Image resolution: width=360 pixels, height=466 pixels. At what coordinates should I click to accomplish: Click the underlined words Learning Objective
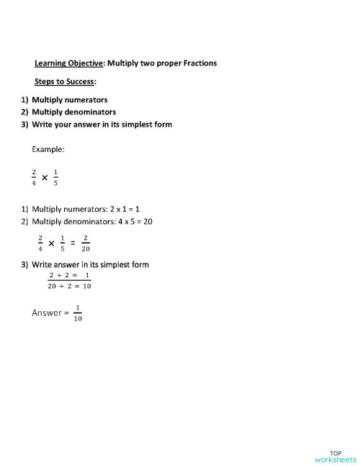click(69, 63)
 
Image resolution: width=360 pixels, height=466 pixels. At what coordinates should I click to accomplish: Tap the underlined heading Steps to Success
click(65, 81)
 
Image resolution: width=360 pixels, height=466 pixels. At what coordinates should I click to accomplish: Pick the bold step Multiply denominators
click(73, 112)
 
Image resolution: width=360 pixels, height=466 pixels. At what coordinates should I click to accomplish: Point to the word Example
click(48, 150)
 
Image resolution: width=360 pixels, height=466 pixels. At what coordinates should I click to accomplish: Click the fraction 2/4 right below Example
click(32, 176)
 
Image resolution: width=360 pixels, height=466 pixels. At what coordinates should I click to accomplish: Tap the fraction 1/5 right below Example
click(55, 176)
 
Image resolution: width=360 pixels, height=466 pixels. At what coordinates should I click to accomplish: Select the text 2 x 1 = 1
click(122, 210)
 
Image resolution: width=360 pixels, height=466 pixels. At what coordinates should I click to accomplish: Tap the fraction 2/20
click(86, 244)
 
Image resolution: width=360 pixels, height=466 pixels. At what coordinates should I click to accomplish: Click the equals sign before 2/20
click(73, 244)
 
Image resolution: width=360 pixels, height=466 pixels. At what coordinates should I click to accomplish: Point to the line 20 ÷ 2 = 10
click(70, 287)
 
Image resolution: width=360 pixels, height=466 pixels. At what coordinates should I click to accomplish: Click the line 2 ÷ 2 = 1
click(69, 276)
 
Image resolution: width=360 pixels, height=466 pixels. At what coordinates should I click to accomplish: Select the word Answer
click(46, 313)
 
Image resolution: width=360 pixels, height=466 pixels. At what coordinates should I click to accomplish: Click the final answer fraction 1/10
click(78, 314)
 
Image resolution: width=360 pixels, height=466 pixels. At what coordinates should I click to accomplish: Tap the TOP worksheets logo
click(336, 456)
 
